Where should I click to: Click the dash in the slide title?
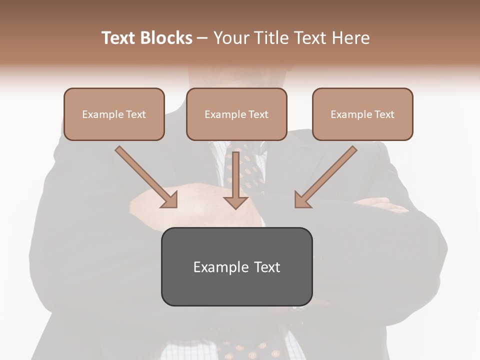click(202, 38)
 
